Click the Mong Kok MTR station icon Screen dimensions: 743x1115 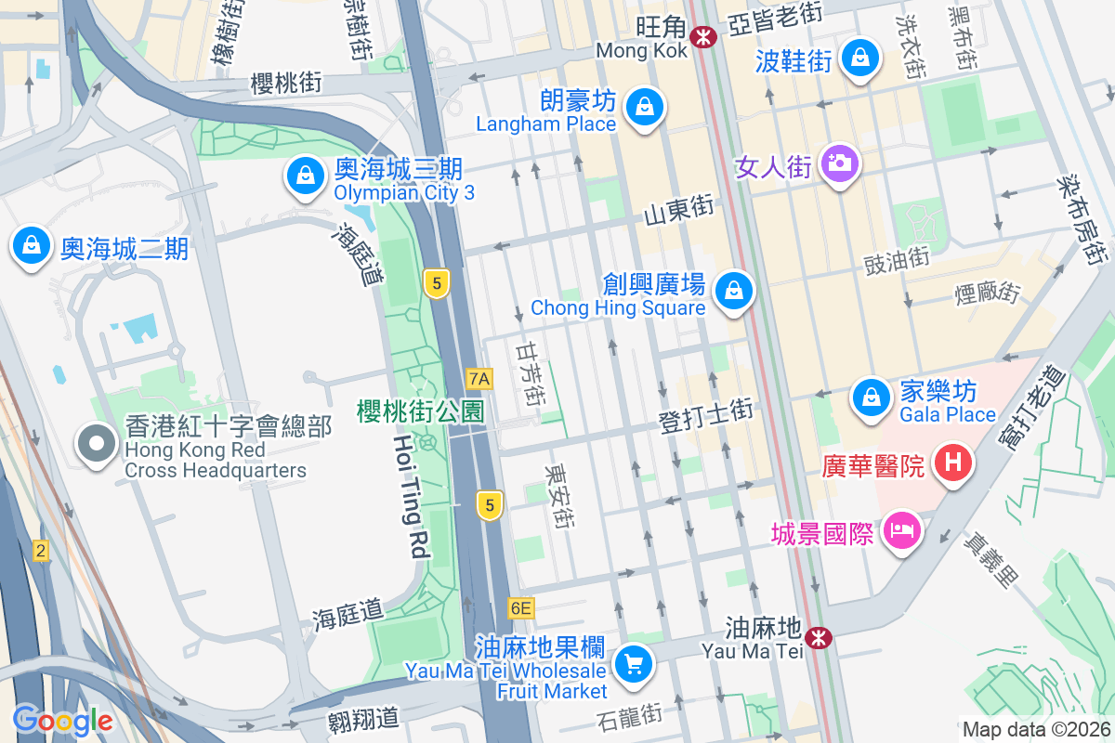coord(703,36)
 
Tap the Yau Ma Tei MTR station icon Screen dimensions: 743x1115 coord(819,637)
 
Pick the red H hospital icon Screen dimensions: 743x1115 coord(952,463)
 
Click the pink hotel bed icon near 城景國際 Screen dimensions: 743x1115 coord(902,532)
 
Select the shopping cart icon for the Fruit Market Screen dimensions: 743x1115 coord(635,663)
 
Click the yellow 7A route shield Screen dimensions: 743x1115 coord(479,378)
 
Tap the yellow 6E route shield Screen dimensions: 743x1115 coord(521,608)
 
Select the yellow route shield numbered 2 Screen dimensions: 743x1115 coord(40,551)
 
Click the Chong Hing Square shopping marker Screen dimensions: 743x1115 coord(735,291)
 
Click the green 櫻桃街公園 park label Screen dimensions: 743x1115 coord(421,411)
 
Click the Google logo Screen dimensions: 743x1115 coord(62,719)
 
